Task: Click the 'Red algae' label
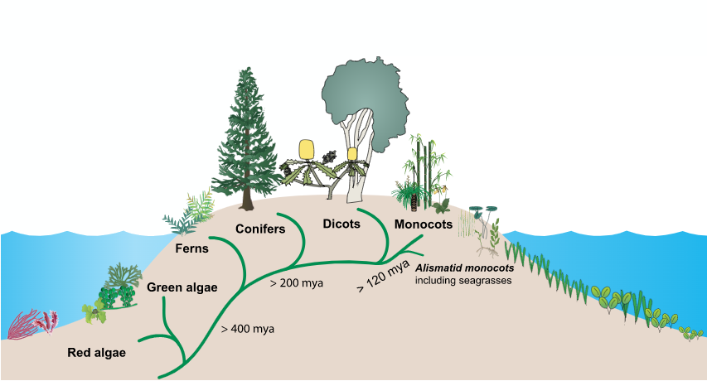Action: pos(96,353)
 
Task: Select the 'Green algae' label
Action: pos(182,287)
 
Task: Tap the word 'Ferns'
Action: pos(191,248)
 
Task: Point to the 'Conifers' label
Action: pos(260,229)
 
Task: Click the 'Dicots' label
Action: pos(341,224)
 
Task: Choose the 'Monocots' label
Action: pos(423,224)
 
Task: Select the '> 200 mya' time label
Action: pos(296,283)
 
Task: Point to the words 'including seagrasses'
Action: pos(463,281)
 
